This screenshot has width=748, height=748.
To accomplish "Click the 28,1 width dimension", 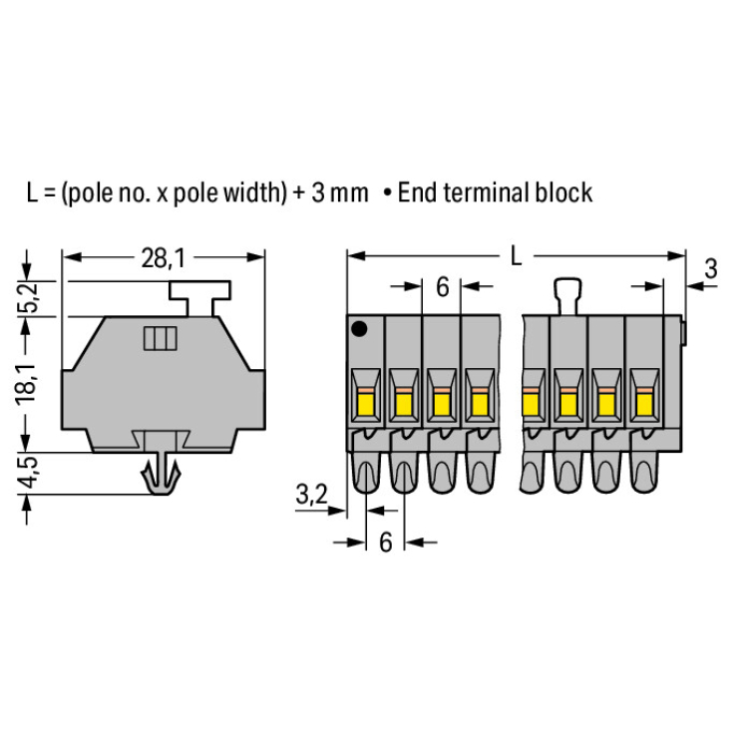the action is tap(163, 258).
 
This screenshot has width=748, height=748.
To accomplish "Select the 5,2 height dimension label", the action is tap(28, 298).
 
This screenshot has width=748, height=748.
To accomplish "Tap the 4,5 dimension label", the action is tap(28, 473).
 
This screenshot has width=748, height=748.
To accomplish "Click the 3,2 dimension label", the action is tap(312, 495).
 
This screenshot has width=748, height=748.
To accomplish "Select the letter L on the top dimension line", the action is tap(517, 255).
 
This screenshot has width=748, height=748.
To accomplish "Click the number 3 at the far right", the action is tap(711, 268).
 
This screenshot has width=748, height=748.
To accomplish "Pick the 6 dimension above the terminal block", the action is tap(442, 287).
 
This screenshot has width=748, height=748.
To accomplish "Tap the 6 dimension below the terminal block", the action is tap(385, 543).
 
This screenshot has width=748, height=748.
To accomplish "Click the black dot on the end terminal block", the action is tap(359, 329).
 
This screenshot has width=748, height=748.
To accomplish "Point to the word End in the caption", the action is tap(419, 192).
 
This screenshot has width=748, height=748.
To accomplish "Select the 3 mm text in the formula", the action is tap(340, 192).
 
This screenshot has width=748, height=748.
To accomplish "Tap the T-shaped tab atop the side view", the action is tap(200, 298).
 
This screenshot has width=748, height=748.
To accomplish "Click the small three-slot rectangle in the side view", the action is tap(161, 338).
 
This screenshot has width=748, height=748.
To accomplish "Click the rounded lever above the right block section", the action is tap(567, 297).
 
